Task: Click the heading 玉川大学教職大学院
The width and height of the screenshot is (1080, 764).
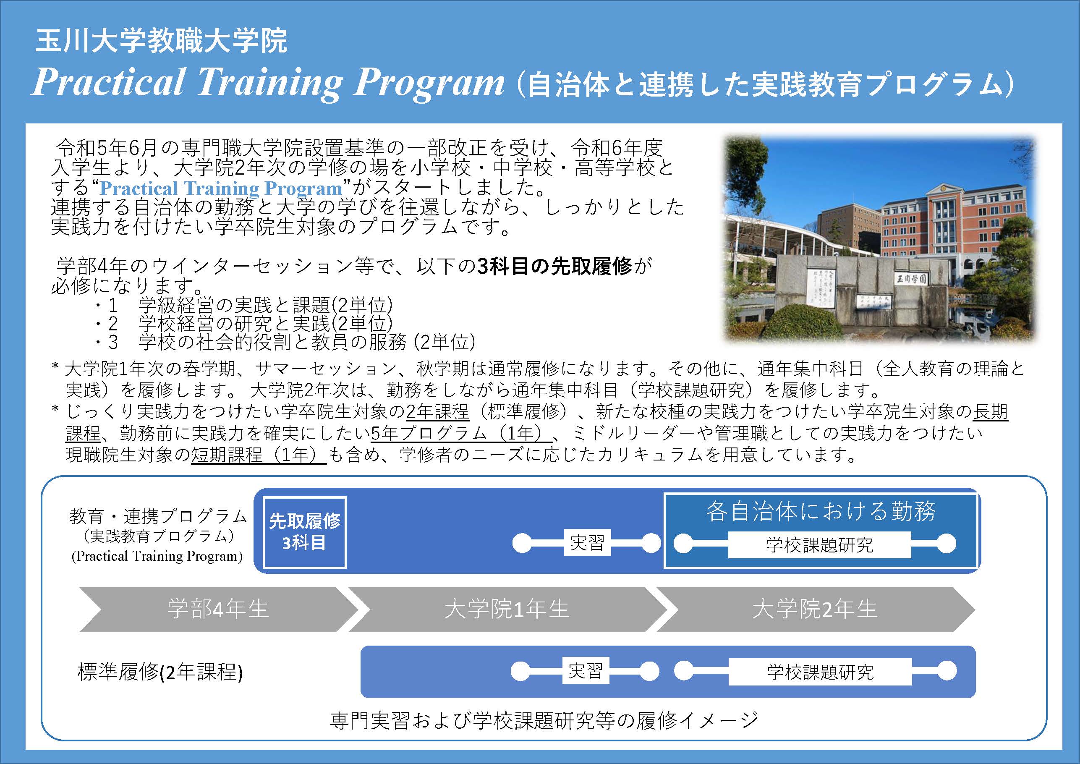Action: pyautogui.click(x=161, y=41)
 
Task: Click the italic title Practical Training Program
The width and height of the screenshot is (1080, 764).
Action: pyautogui.click(x=268, y=83)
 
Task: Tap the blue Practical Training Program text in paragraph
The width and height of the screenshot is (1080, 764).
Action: pyautogui.click(x=221, y=188)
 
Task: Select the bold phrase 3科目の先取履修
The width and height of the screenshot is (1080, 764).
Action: pyautogui.click(x=554, y=267)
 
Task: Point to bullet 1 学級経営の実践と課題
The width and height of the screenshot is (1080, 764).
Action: pyautogui.click(x=245, y=305)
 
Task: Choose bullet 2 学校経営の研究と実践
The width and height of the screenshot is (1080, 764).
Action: pyautogui.click(x=245, y=324)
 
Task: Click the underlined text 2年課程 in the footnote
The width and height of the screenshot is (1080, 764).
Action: pyautogui.click(x=437, y=412)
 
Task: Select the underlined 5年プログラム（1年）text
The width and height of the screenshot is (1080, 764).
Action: pyautogui.click(x=461, y=433)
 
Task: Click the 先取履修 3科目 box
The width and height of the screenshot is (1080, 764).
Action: pyautogui.click(x=305, y=533)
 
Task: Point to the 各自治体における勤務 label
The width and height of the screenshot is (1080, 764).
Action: pyautogui.click(x=821, y=511)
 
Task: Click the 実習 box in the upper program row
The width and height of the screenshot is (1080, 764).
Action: pyautogui.click(x=587, y=543)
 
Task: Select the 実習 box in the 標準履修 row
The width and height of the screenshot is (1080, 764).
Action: pyautogui.click(x=586, y=671)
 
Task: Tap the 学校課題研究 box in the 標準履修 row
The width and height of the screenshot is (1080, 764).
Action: pyautogui.click(x=820, y=672)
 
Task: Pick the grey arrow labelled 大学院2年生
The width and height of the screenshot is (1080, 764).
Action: pyautogui.click(x=815, y=609)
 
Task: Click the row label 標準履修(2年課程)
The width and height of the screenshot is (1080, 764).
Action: pyautogui.click(x=160, y=672)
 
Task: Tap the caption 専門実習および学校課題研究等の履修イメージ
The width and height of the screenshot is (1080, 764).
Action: pyautogui.click(x=544, y=720)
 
